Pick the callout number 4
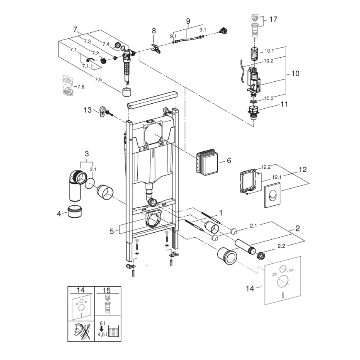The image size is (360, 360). [x=59, y=214]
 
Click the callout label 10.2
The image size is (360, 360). [x=269, y=60]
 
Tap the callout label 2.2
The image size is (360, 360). [x=280, y=246]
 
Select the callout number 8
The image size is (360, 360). [x=154, y=31]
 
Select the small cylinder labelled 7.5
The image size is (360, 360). [x=128, y=92]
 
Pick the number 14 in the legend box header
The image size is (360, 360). [x=80, y=290]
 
